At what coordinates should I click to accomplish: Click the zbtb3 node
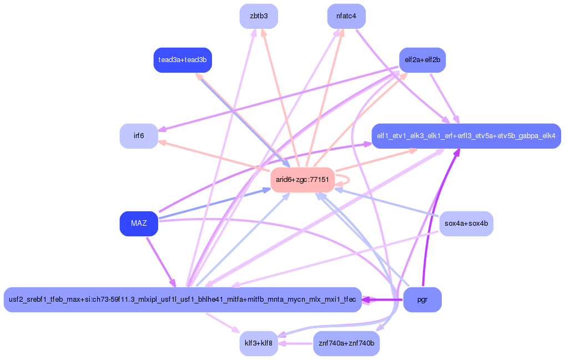[259, 16]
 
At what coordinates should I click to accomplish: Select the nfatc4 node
[346, 16]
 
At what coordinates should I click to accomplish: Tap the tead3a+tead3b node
[183, 60]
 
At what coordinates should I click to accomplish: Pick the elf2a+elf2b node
[422, 60]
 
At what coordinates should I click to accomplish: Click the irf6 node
[139, 136]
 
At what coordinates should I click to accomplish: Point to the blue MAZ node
[139, 224]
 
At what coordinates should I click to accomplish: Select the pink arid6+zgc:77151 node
[302, 180]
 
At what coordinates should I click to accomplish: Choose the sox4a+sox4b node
[466, 224]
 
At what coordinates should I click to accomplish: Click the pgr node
[422, 300]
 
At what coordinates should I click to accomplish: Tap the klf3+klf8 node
[259, 344]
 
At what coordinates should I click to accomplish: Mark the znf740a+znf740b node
[346, 344]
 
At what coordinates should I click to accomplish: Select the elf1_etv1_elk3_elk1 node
[466, 136]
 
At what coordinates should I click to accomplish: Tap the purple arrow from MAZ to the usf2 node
[161, 261]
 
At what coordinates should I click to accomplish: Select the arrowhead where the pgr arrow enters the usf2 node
[366, 300]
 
